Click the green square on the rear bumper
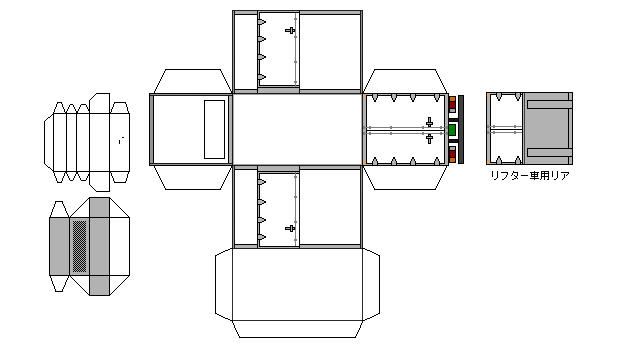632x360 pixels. [x=452, y=130]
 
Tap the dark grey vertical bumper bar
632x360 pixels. [x=461, y=129]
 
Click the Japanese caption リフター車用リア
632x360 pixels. [x=530, y=176]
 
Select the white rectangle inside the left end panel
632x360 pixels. [x=214, y=129]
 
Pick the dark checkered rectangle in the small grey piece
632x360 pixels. [x=79, y=246]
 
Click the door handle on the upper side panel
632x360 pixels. [x=290, y=30]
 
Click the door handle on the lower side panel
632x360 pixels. [x=290, y=229]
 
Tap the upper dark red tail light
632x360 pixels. [x=452, y=106]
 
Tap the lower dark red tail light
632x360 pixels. [x=452, y=154]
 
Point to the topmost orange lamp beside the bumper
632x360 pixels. [x=452, y=99]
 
